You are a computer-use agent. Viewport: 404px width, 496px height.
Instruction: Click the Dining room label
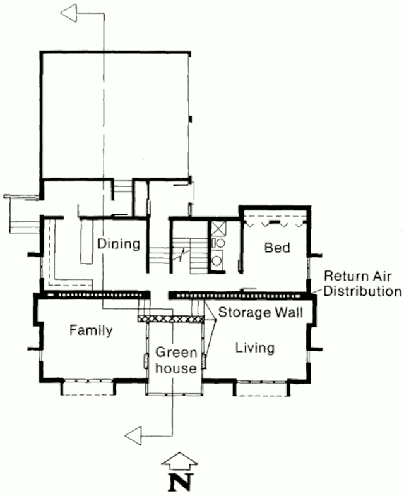119,244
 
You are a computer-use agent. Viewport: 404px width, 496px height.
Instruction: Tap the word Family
91,331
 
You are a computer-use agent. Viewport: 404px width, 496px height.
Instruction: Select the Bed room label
277,248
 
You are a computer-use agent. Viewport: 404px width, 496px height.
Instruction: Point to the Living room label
255,348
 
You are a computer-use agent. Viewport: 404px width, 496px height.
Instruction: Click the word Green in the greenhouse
176,352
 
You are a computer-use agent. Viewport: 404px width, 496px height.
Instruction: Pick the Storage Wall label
261,313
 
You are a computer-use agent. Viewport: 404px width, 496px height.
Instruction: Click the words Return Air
358,276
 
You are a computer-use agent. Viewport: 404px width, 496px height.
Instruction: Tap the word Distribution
362,291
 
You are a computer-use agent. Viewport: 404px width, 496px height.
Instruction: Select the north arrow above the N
180,461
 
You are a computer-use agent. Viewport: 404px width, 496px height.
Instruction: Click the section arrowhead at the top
69,13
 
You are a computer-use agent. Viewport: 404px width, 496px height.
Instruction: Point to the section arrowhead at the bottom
133,436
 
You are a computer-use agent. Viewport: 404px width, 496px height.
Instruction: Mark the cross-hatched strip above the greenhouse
170,319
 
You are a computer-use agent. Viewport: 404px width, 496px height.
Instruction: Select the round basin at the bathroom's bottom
217,261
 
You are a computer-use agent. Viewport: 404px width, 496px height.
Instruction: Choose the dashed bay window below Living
262,388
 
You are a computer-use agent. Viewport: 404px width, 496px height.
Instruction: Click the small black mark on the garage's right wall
190,119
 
